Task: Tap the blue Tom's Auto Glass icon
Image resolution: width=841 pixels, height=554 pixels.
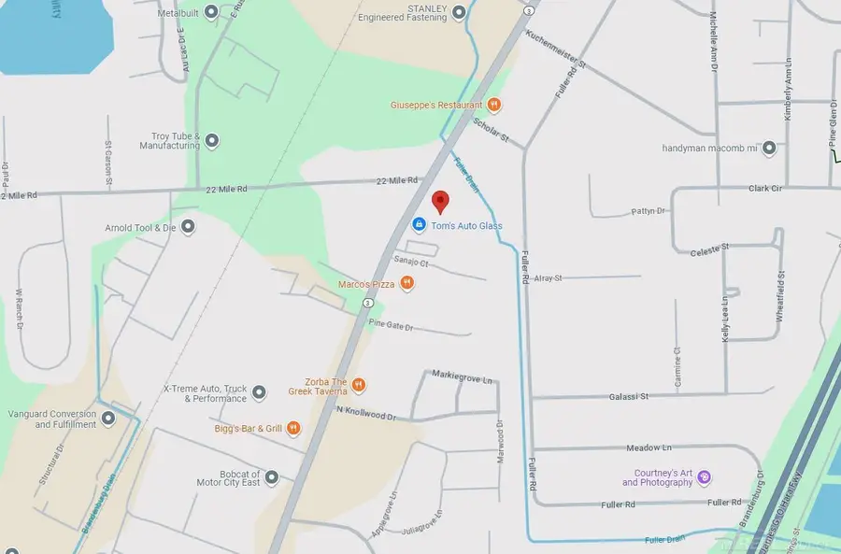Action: coord(420,225)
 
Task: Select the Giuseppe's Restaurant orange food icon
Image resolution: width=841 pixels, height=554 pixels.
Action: coord(494,106)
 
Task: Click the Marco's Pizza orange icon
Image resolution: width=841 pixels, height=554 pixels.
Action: coord(406,283)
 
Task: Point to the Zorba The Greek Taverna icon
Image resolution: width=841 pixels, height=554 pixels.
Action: coord(358,385)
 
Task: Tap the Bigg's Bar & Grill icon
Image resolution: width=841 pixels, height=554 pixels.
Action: coord(293,429)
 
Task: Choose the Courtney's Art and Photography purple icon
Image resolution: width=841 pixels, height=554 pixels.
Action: coord(705,477)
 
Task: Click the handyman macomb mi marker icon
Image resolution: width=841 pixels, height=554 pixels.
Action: coord(769,148)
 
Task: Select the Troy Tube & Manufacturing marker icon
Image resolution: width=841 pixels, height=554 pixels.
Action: coord(212,141)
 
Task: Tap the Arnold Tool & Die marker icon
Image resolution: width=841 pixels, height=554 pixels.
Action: coord(188,226)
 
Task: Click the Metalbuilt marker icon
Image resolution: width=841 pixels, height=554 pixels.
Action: coord(211,11)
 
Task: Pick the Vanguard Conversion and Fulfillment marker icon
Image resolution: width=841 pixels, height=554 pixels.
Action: coord(108,419)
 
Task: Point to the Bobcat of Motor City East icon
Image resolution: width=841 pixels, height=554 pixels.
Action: coord(272,477)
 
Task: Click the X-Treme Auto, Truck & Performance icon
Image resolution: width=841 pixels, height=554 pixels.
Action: coord(260,392)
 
